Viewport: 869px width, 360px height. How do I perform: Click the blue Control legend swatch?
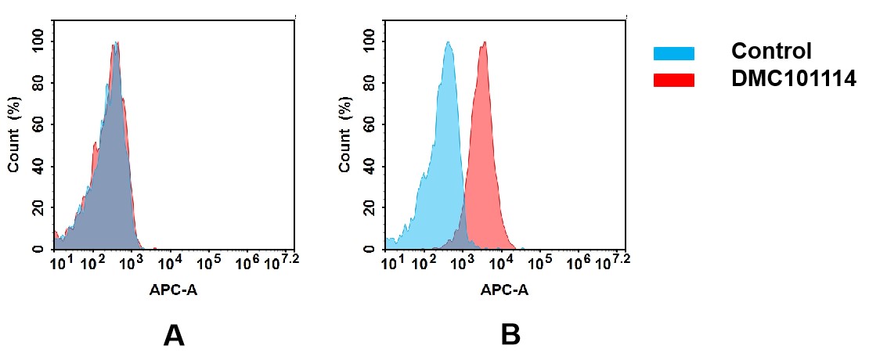673,53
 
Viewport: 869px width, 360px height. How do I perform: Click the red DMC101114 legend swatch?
673,80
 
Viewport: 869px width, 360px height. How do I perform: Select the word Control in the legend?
770,52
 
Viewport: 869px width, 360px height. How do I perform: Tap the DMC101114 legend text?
792,79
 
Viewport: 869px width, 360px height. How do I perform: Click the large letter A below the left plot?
173,336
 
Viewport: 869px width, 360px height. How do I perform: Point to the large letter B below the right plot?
510,336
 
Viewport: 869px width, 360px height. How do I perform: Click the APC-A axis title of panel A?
173,290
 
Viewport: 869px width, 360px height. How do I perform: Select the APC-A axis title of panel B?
505,290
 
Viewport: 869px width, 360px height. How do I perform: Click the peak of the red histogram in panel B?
485,43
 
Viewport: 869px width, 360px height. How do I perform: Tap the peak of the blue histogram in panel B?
448,43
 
